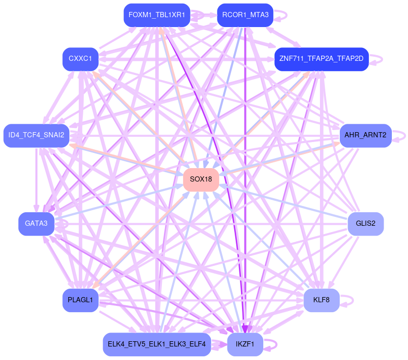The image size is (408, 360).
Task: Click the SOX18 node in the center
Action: point(201,179)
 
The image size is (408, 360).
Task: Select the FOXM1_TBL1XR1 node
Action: point(157,15)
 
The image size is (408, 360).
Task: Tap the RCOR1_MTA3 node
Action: point(245,15)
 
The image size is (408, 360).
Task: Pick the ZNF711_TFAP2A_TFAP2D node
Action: point(321,59)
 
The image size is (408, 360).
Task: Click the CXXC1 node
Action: point(80,59)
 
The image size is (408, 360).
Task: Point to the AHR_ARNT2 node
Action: point(365,135)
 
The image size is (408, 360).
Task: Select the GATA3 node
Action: point(36,224)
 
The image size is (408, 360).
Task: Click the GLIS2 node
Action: point(365,224)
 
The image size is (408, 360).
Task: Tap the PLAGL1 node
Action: point(80,300)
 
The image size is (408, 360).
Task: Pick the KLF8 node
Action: point(321,300)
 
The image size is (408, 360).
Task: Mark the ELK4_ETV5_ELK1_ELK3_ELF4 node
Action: point(157,344)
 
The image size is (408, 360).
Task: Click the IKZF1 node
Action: point(245,344)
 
